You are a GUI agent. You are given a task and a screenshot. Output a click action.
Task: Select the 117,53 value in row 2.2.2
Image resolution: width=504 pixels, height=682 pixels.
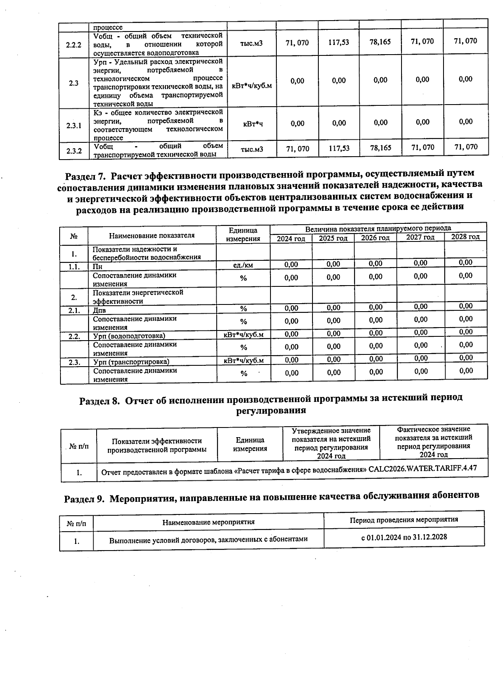click(339, 42)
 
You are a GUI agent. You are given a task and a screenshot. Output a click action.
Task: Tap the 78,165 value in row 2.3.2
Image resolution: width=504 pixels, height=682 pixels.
click(380, 148)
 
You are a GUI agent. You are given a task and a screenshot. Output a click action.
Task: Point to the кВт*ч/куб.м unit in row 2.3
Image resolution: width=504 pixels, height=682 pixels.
click(252, 86)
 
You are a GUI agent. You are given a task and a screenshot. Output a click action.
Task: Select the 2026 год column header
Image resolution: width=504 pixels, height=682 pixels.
click(375, 238)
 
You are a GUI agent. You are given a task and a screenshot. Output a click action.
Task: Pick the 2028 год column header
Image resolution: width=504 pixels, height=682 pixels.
click(465, 237)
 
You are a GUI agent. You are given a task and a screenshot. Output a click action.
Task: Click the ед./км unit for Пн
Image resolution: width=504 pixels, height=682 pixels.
click(243, 265)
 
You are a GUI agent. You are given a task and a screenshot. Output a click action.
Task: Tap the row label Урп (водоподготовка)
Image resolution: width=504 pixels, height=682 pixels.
click(129, 336)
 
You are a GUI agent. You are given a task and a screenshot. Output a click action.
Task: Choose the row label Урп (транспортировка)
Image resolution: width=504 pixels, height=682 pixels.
click(131, 362)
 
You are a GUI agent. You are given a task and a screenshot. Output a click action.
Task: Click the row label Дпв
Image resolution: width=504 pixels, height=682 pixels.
click(100, 311)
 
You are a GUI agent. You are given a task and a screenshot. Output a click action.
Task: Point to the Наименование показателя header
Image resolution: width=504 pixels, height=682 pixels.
click(152, 236)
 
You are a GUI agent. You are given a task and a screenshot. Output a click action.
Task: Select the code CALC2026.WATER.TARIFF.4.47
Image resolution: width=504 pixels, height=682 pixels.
click(422, 468)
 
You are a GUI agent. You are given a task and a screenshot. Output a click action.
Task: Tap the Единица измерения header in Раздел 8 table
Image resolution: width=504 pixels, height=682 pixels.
click(250, 444)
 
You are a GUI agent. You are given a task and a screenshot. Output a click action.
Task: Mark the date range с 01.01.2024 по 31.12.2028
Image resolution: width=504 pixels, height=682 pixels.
click(404, 537)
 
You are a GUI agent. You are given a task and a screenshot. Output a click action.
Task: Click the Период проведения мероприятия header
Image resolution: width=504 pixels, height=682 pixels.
click(404, 519)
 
